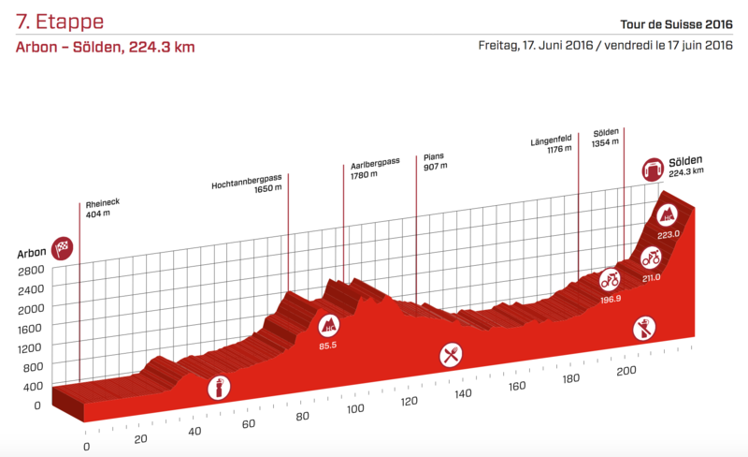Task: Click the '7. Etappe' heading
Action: [59, 22]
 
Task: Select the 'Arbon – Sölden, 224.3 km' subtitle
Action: [105, 47]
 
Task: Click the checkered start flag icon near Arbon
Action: [63, 247]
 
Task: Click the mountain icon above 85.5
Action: [329, 326]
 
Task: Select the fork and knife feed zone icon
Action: [452, 355]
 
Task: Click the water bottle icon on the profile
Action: [217, 387]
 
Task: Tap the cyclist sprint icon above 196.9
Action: [610, 278]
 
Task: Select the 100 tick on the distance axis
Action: [354, 409]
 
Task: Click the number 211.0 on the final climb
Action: [652, 277]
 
